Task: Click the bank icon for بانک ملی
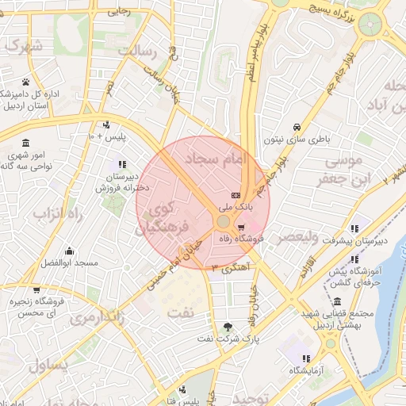tap(235, 195)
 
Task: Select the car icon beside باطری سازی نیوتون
tap(296, 127)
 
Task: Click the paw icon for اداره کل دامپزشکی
tap(25, 82)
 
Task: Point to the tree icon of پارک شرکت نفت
tap(228, 326)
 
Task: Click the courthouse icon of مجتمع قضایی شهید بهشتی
tap(338, 301)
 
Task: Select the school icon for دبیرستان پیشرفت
tap(354, 228)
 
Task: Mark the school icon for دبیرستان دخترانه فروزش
tap(121, 164)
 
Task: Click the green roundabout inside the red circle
tap(224, 220)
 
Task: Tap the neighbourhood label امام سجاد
tap(216, 159)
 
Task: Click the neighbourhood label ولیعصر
tap(297, 237)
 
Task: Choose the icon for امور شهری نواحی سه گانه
tap(26, 143)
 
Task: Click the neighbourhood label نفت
tap(180, 312)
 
